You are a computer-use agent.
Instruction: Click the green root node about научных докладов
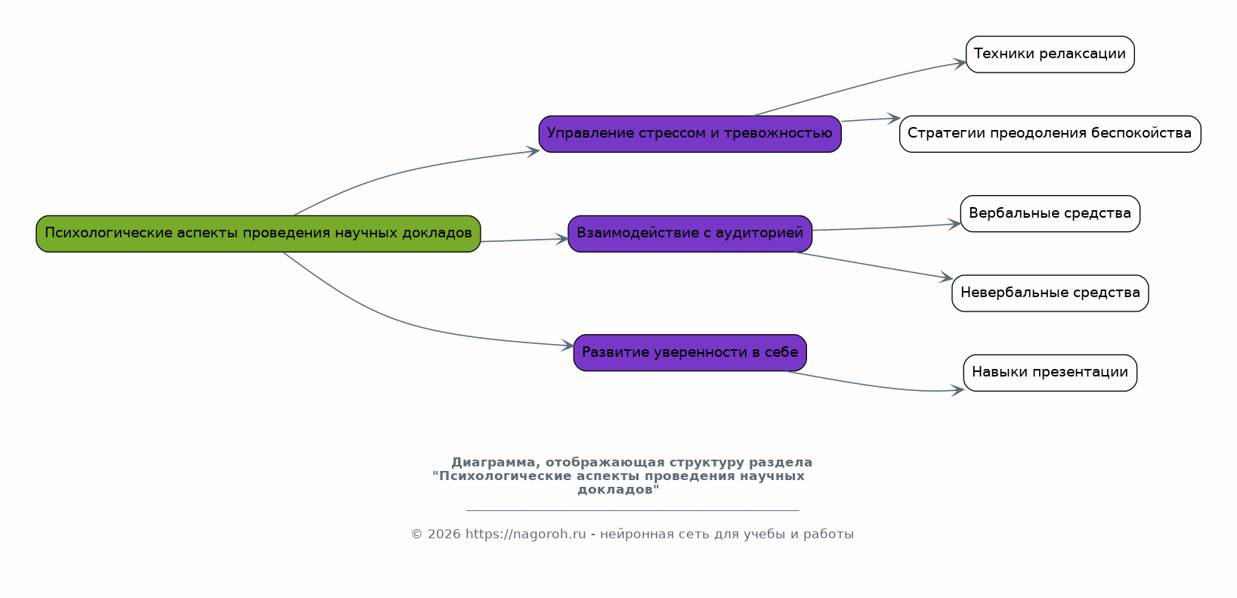258,234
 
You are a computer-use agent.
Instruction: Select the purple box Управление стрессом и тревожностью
690,134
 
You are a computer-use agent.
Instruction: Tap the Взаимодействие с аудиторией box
690,234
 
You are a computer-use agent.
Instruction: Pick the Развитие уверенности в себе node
690,352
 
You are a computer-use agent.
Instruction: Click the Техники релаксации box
1050,54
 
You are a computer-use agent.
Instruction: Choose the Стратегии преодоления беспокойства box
1050,134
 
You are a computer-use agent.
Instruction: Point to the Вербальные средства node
1050,213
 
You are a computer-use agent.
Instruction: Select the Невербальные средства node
1050,293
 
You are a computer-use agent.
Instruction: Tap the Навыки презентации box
1050,373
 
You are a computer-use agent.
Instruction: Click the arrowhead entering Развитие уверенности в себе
567,345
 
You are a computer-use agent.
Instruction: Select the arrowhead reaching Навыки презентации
957,390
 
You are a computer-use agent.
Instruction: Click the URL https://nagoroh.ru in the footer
525,534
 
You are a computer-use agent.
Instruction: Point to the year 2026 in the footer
444,534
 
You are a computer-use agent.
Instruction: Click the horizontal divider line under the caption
632,510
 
